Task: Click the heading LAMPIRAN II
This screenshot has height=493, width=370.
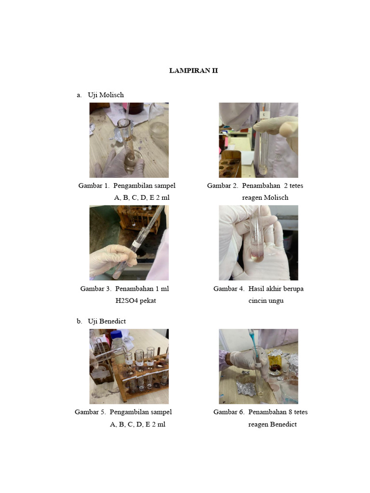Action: coord(193,70)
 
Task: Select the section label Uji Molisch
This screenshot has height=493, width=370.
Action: coord(106,95)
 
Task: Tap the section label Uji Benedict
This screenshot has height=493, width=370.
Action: coord(106,321)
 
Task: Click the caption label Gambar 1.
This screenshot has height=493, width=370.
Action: coord(94,185)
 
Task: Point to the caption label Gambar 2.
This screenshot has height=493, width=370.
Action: coord(223,185)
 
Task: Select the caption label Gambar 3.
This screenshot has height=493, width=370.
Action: coord(95,289)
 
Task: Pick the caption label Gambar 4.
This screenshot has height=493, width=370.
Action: coord(229,289)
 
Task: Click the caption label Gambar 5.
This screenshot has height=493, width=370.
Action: coord(90,412)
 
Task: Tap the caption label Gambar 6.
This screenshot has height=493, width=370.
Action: coord(229,412)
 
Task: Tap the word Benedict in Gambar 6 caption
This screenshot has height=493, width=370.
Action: coord(283,424)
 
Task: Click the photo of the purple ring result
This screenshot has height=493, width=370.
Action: coord(258,243)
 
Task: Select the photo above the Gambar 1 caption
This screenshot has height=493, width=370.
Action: coord(129,140)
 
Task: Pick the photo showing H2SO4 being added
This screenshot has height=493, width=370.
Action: coord(129,243)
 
